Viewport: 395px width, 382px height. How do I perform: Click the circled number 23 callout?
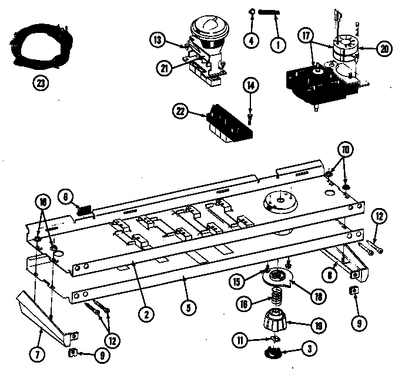tap(39, 83)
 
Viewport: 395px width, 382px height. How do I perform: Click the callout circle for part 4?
tap(251, 42)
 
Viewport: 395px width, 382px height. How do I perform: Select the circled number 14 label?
tap(251, 86)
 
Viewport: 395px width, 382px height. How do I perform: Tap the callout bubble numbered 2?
tap(143, 313)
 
